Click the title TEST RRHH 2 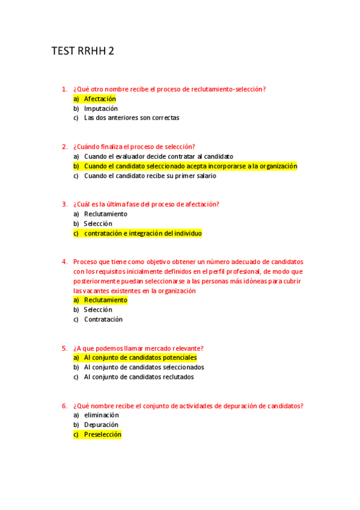(83, 52)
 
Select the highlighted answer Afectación (100, 99)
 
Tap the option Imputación (100, 108)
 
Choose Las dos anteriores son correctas (131, 118)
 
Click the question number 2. (64, 147)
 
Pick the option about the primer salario (150, 176)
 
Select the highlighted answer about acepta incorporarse (190, 166)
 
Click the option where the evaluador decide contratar (158, 156)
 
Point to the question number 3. (64, 204)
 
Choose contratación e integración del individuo (142, 233)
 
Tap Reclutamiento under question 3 (105, 214)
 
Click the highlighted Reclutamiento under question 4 (105, 300)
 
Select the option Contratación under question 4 (103, 319)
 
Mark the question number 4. (64, 262)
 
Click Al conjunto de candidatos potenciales (140, 358)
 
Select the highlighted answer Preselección (102, 434)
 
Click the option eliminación (101, 415)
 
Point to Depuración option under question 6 (101, 425)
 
